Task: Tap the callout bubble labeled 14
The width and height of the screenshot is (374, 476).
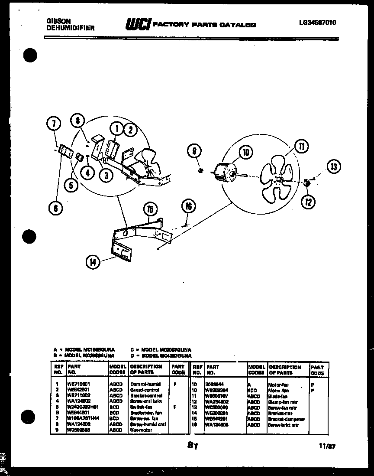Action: [93, 261]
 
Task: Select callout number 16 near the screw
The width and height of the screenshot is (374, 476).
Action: [188, 206]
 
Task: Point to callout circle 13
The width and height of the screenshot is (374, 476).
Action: [334, 166]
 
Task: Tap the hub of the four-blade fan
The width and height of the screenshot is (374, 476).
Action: [279, 178]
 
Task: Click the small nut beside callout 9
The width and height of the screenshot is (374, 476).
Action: [200, 170]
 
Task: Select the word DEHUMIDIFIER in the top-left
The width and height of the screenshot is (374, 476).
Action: [70, 28]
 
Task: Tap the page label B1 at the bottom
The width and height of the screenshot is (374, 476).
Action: [193, 445]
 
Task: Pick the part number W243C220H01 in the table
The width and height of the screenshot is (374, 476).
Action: [83, 407]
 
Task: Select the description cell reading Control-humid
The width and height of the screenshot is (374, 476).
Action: [145, 384]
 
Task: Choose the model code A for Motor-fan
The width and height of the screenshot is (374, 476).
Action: [249, 385]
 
